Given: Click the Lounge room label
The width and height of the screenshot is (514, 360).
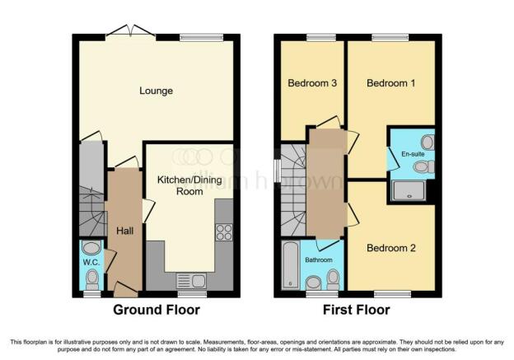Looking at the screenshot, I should [x=157, y=91].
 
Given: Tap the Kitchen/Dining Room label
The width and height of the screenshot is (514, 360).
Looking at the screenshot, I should [x=186, y=184].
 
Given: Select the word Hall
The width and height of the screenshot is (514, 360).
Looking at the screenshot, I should [x=124, y=231].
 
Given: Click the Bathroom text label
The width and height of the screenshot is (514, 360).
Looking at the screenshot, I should [x=318, y=259].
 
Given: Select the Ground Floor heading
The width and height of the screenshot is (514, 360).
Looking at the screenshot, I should [x=157, y=310].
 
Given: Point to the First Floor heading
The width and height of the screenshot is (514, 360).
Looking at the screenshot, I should [x=357, y=310].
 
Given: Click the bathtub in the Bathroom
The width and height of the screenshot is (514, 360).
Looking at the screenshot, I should [x=289, y=265].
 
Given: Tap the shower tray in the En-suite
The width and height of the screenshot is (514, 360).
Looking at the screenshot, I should [x=409, y=191].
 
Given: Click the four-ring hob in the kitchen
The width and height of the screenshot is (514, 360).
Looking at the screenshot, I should [x=223, y=232].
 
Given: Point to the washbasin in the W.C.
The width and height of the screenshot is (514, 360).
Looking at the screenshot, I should [x=91, y=248].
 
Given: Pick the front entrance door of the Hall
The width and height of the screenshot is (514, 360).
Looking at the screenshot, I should [x=125, y=288].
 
